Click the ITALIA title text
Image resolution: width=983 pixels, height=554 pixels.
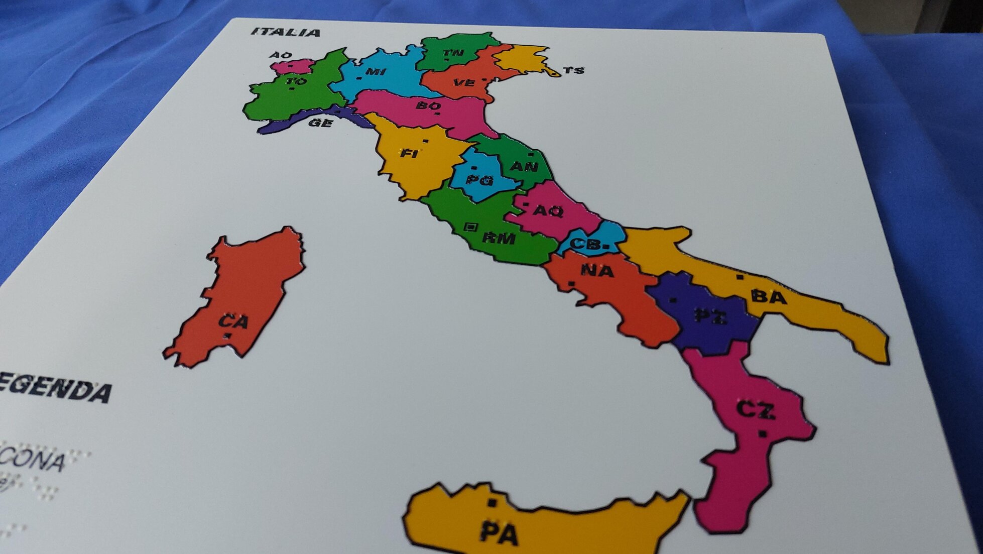tap(286, 33)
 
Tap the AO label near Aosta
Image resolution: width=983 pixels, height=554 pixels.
tap(281, 55)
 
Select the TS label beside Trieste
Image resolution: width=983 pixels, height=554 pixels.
tap(573, 70)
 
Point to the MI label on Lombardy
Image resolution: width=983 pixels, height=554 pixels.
tap(376, 72)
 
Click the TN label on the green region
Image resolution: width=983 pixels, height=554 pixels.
tap(453, 53)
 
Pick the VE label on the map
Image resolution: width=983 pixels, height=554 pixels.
tap(463, 83)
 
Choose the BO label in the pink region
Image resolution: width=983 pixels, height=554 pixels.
tap(428, 106)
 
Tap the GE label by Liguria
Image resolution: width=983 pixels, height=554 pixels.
tap(320, 123)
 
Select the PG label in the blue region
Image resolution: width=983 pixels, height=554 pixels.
tap(479, 180)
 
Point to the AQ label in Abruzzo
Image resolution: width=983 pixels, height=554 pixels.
tap(548, 211)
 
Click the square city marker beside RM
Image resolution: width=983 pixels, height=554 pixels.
tap(470, 227)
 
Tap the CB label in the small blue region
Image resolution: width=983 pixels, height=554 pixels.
tap(586, 244)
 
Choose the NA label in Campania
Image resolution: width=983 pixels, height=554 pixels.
tap(597, 271)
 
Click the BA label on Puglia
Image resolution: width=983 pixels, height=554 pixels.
tap(769, 297)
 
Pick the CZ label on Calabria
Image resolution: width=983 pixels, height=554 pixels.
tap(756, 410)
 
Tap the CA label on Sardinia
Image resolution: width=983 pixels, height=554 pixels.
tap(233, 321)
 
